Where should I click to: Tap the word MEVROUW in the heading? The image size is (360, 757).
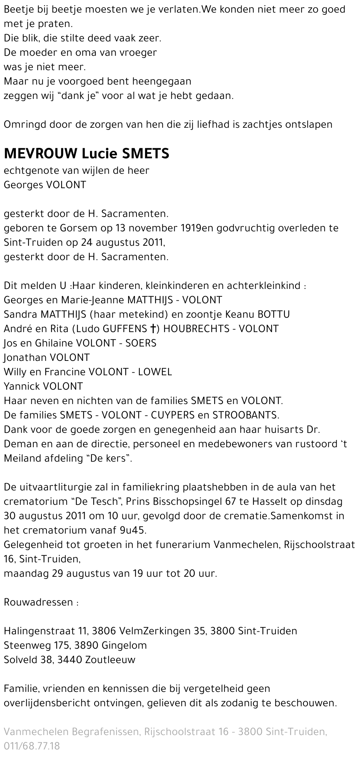click(x=40, y=154)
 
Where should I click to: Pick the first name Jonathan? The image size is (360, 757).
click(x=26, y=358)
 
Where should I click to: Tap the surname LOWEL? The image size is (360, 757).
click(x=157, y=372)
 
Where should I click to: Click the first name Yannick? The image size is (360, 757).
click(x=22, y=386)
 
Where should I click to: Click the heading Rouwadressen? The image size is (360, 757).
click(x=38, y=602)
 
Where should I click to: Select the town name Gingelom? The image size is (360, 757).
click(x=124, y=645)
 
